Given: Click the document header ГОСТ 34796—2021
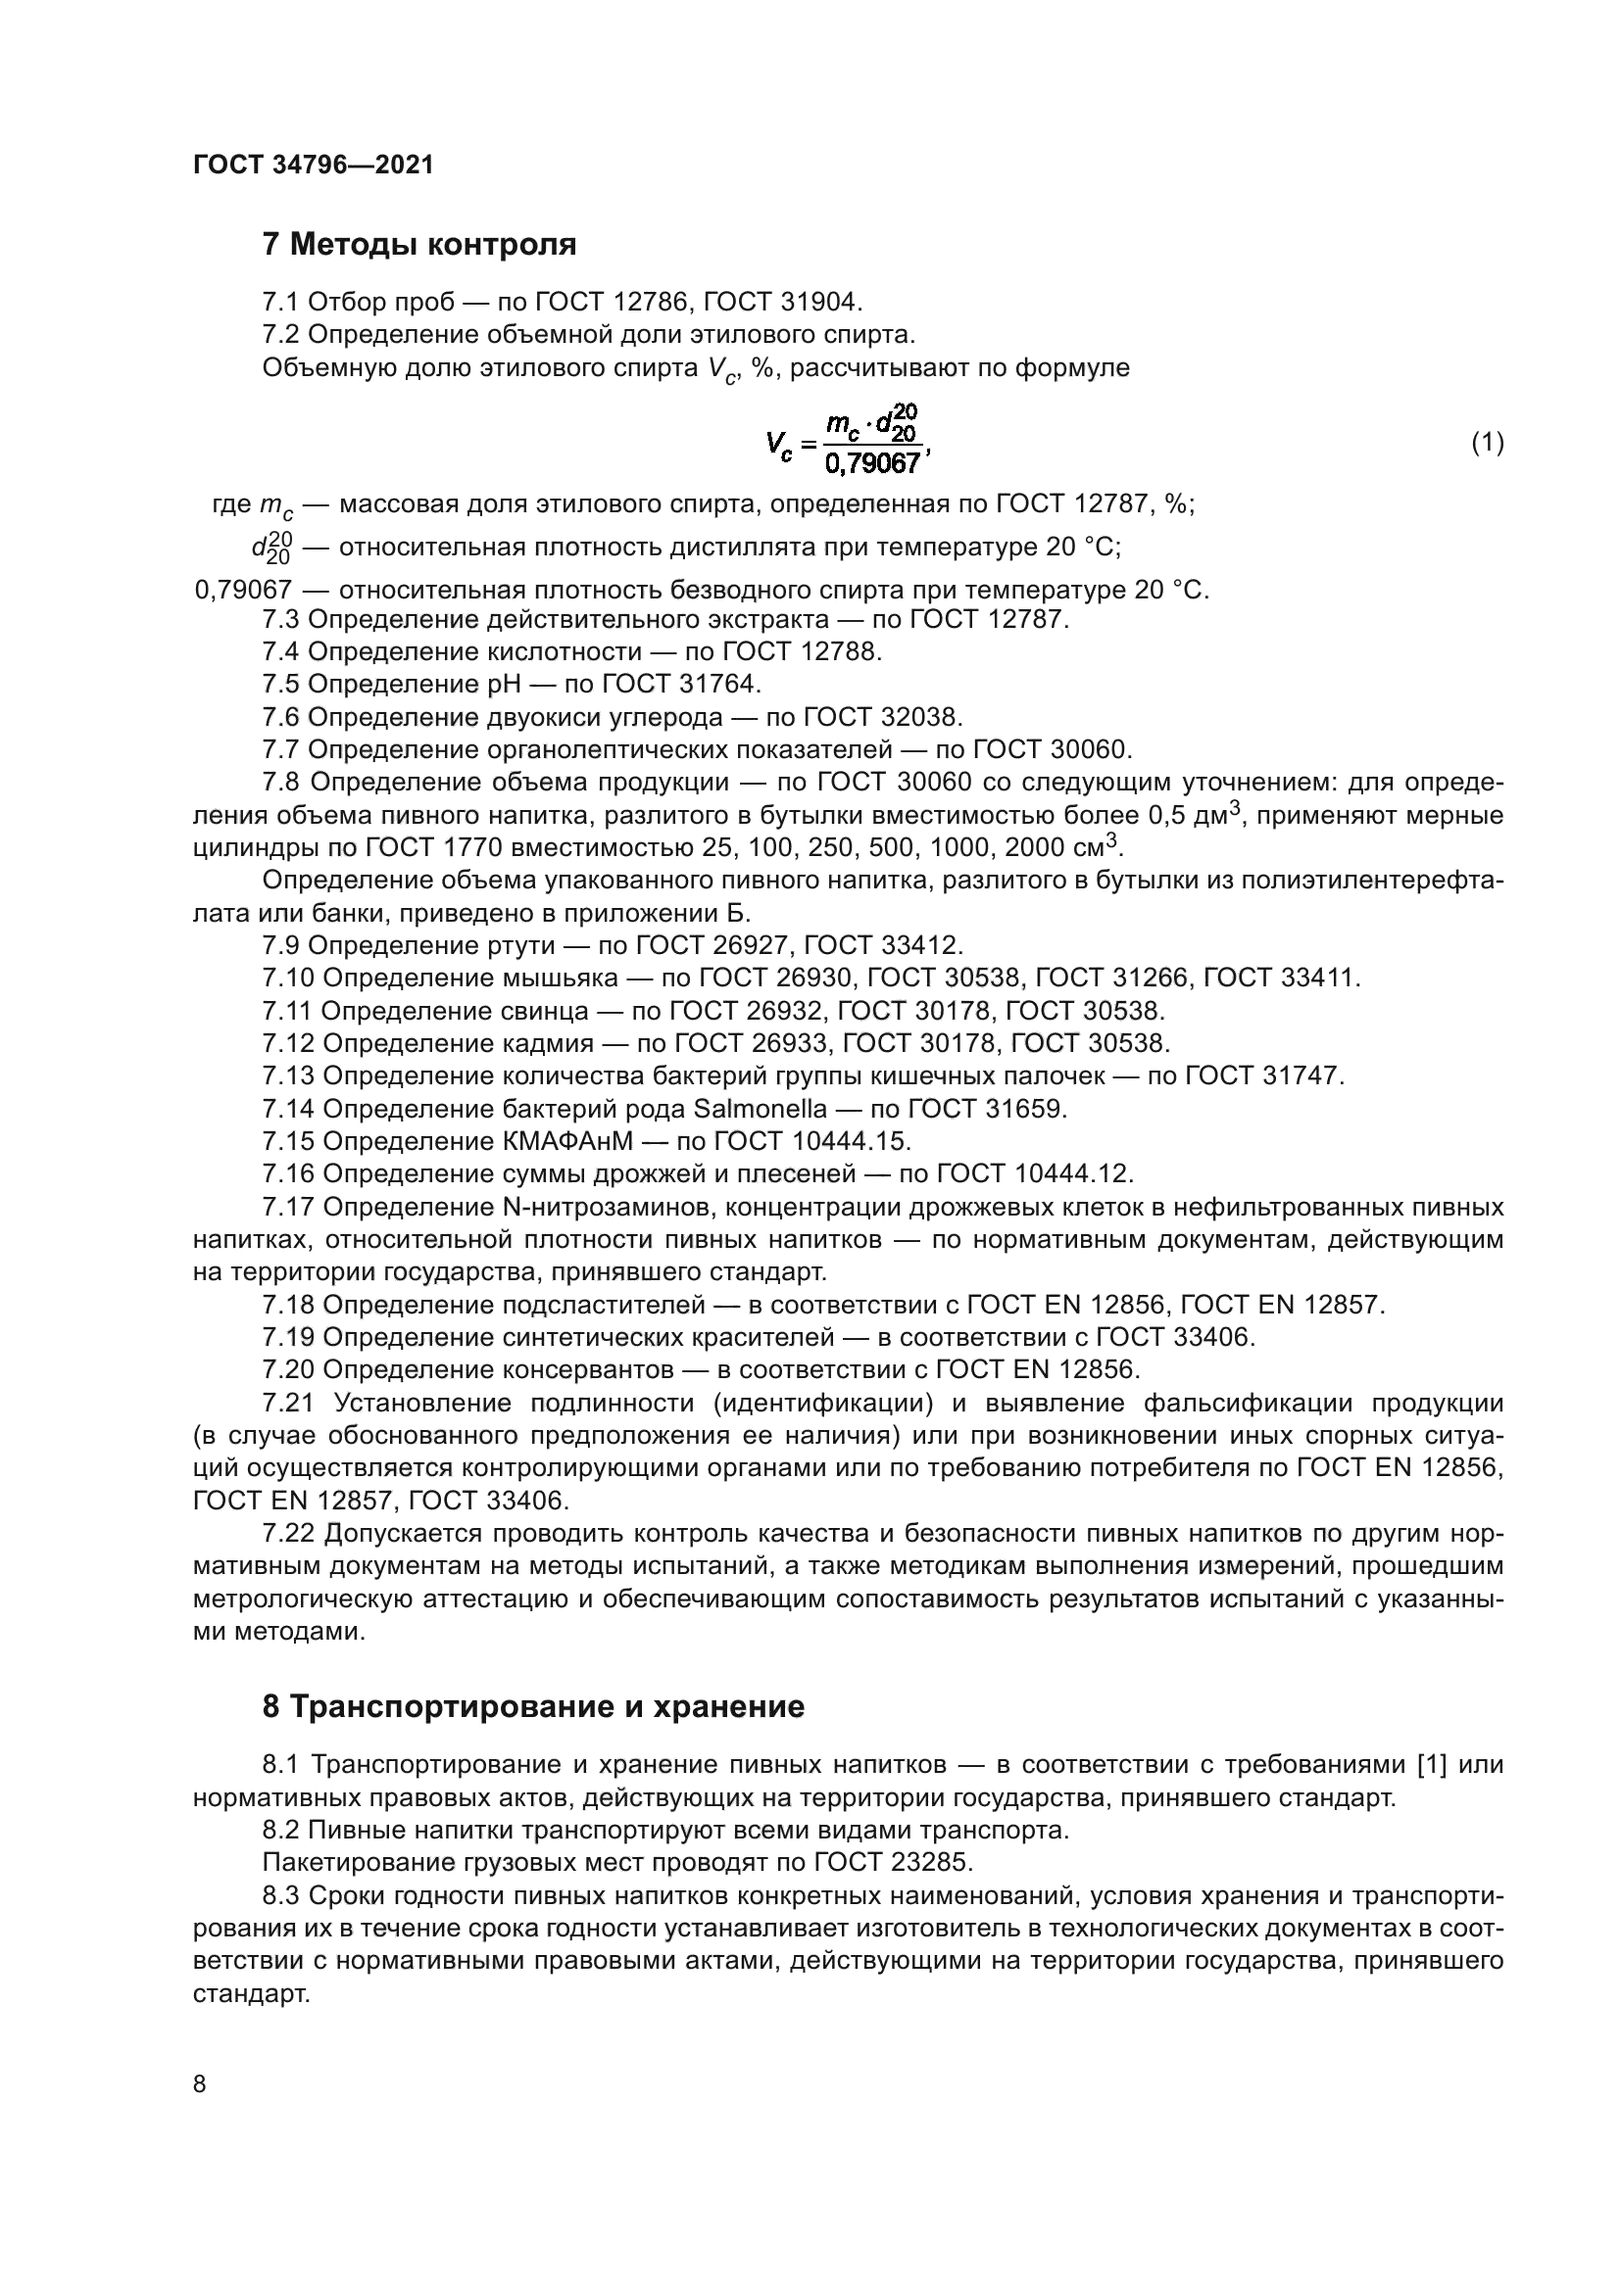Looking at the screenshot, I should click(314, 166).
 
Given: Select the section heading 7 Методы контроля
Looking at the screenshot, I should click(419, 245).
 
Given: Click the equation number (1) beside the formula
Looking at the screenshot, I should click(1488, 442).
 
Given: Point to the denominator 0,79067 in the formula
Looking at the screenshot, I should click(871, 463).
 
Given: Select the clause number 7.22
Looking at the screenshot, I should click(288, 1533).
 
